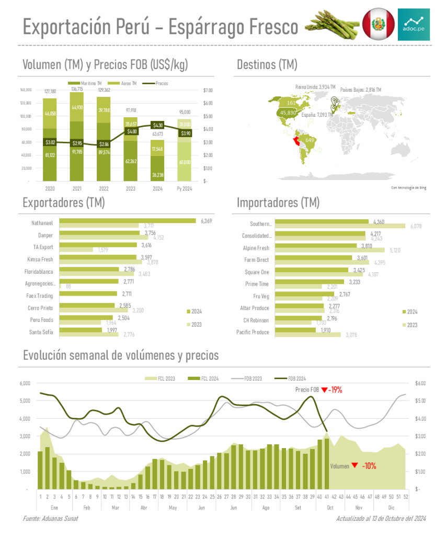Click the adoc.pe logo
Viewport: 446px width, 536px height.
point(414,24)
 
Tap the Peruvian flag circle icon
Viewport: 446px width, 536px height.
point(379,24)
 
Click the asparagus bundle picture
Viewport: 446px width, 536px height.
point(332,25)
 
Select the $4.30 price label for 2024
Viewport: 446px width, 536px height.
point(157,125)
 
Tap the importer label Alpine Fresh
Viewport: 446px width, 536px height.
point(256,248)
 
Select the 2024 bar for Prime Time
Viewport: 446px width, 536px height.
point(309,282)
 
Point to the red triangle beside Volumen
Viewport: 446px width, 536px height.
point(354,465)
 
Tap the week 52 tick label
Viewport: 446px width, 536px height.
point(406,496)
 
